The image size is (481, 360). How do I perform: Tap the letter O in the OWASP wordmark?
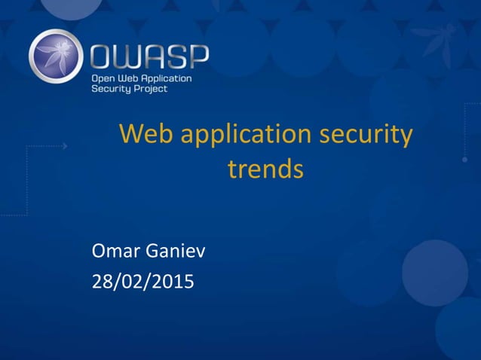(103, 57)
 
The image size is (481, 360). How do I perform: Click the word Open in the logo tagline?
(103, 78)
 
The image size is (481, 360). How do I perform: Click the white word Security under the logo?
(111, 89)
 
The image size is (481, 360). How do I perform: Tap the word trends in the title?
(265, 169)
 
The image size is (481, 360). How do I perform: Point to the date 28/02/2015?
(142, 282)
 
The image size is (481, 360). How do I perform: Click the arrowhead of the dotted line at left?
(65, 146)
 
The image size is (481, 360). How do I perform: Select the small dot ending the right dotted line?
(464, 160)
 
